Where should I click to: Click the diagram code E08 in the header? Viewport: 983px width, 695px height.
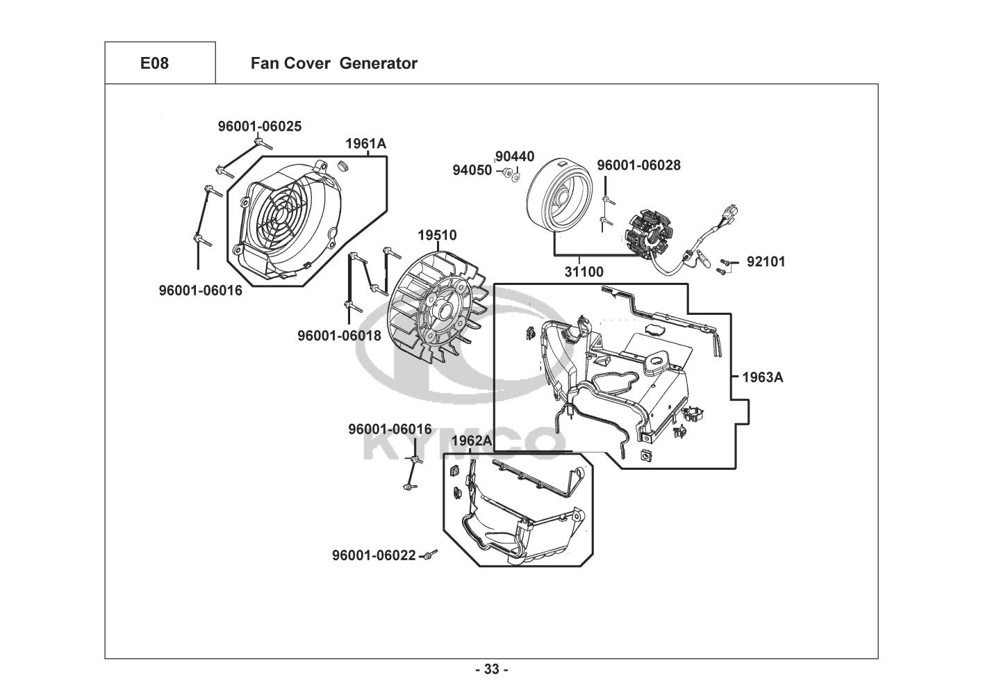(x=154, y=63)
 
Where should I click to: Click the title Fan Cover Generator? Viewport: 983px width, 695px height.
(x=333, y=63)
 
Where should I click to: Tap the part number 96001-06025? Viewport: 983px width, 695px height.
(x=260, y=126)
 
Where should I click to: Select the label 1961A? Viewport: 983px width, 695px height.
(x=366, y=144)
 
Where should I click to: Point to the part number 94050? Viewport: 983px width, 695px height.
(x=472, y=170)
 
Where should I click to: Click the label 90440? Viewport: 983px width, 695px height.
(x=515, y=157)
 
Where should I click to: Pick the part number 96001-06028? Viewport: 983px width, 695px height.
(x=639, y=165)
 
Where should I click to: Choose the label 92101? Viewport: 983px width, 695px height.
(x=766, y=262)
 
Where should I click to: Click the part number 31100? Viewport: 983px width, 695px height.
(x=584, y=272)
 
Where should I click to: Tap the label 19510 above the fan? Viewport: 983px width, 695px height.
(x=437, y=236)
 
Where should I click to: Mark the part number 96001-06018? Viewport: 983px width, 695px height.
(x=340, y=336)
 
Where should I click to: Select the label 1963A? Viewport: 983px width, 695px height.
(x=763, y=377)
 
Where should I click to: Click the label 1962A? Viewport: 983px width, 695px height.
(x=472, y=441)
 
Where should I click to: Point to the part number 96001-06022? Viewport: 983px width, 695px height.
(x=374, y=555)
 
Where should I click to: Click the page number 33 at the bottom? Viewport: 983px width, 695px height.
(x=492, y=669)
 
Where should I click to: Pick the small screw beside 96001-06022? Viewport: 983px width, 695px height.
(x=431, y=554)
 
